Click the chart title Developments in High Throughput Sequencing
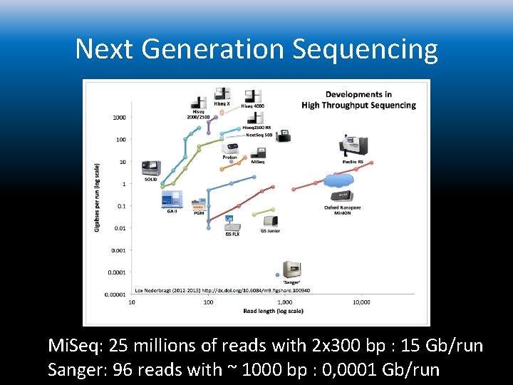coord(358,100)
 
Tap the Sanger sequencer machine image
coord(292,269)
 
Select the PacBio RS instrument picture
coord(353,145)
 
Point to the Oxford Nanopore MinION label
coord(343,210)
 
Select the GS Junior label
coord(270,231)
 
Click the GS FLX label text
coord(232,233)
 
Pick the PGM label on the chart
coord(199,213)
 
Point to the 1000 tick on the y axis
coord(119,117)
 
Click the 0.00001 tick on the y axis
coord(115,294)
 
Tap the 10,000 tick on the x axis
coord(361,302)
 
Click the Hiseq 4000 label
coord(253,106)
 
